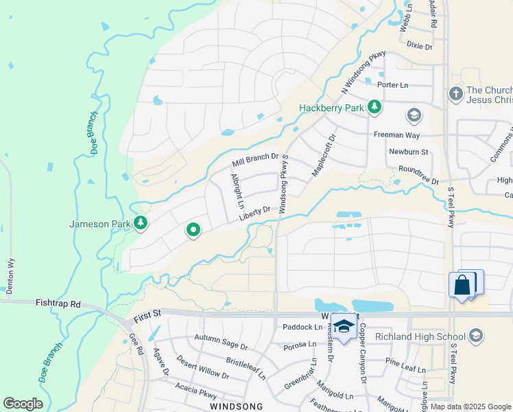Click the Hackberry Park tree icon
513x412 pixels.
374,107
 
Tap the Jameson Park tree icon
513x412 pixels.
141,222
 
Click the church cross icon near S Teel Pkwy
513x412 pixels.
455,93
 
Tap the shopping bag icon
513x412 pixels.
462,285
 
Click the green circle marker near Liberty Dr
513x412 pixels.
193,231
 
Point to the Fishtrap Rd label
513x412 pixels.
59,303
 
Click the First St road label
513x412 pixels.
147,313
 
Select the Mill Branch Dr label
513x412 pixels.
254,161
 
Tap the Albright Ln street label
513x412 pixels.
237,191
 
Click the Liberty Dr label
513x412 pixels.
256,214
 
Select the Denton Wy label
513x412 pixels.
10,275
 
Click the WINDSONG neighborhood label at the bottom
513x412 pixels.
236,407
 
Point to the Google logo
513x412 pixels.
23,404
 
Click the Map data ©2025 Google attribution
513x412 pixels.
470,407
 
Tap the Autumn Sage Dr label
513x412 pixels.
220,340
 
